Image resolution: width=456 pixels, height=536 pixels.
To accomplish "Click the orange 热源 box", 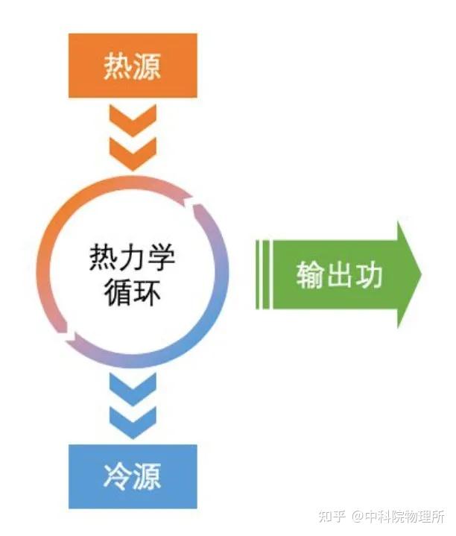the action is click(x=133, y=66).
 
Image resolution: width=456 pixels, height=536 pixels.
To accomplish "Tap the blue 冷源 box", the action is click(x=133, y=476).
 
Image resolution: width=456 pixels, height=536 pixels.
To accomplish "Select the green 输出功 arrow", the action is click(x=339, y=274).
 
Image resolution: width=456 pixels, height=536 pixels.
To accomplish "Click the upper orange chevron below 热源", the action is click(x=133, y=118).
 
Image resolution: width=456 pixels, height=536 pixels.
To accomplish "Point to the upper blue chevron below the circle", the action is click(x=133, y=388).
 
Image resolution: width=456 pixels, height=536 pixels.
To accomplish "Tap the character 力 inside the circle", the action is click(x=132, y=259).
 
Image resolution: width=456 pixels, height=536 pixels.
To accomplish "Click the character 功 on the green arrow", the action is click(x=368, y=274).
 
